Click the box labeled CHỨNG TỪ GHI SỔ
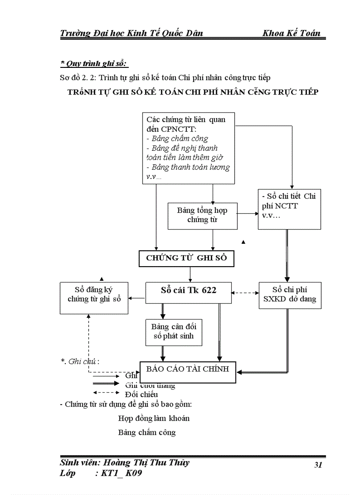click(186, 258)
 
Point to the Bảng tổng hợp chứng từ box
click(202, 216)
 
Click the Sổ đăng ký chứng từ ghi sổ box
click(94, 298)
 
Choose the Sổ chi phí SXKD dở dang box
click(290, 295)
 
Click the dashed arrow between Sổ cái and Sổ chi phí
click(245, 293)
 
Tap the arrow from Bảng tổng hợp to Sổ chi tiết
click(248, 214)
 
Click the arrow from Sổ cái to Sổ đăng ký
click(137, 298)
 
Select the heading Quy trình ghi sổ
click(94, 64)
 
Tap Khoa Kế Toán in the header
click(291, 33)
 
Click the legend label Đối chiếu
click(141, 394)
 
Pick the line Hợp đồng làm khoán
click(154, 418)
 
